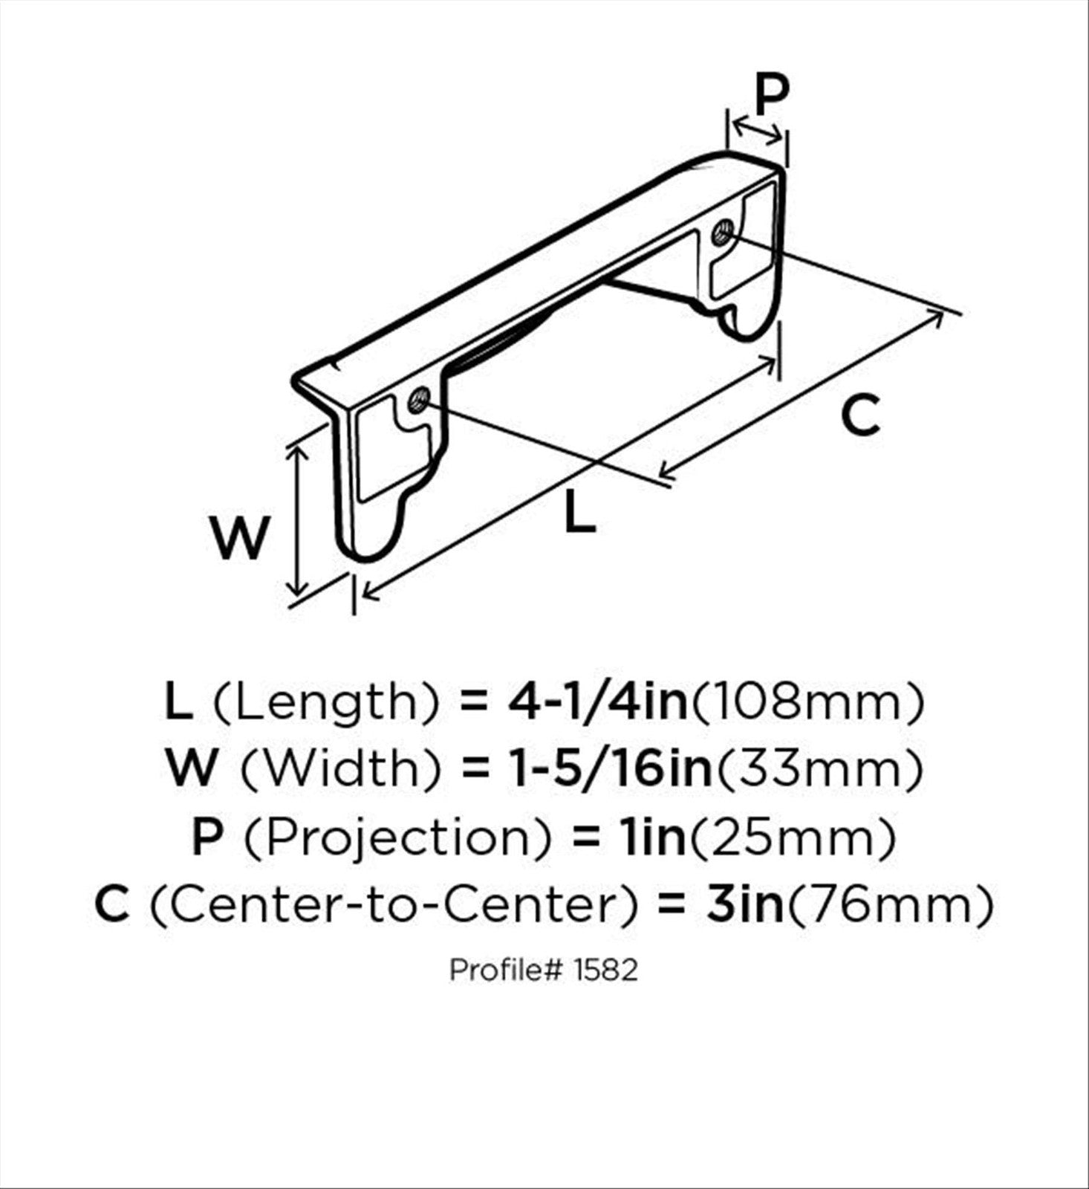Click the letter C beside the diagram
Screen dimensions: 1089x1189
click(861, 416)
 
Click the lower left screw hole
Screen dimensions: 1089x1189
click(418, 401)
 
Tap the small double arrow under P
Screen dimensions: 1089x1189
click(756, 131)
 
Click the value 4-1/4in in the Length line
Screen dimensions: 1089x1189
click(597, 702)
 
